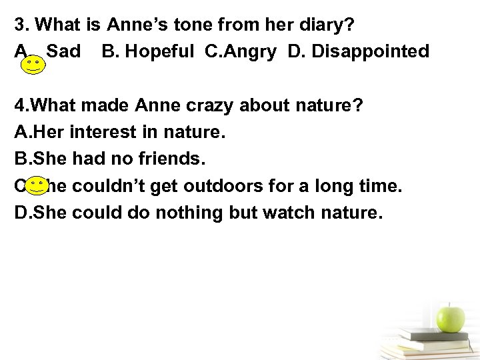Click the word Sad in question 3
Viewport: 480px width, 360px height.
pyautogui.click(x=65, y=51)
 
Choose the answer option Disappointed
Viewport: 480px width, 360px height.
pyautogui.click(x=359, y=51)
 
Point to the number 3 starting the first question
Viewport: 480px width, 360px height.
pyautogui.click(x=20, y=25)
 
